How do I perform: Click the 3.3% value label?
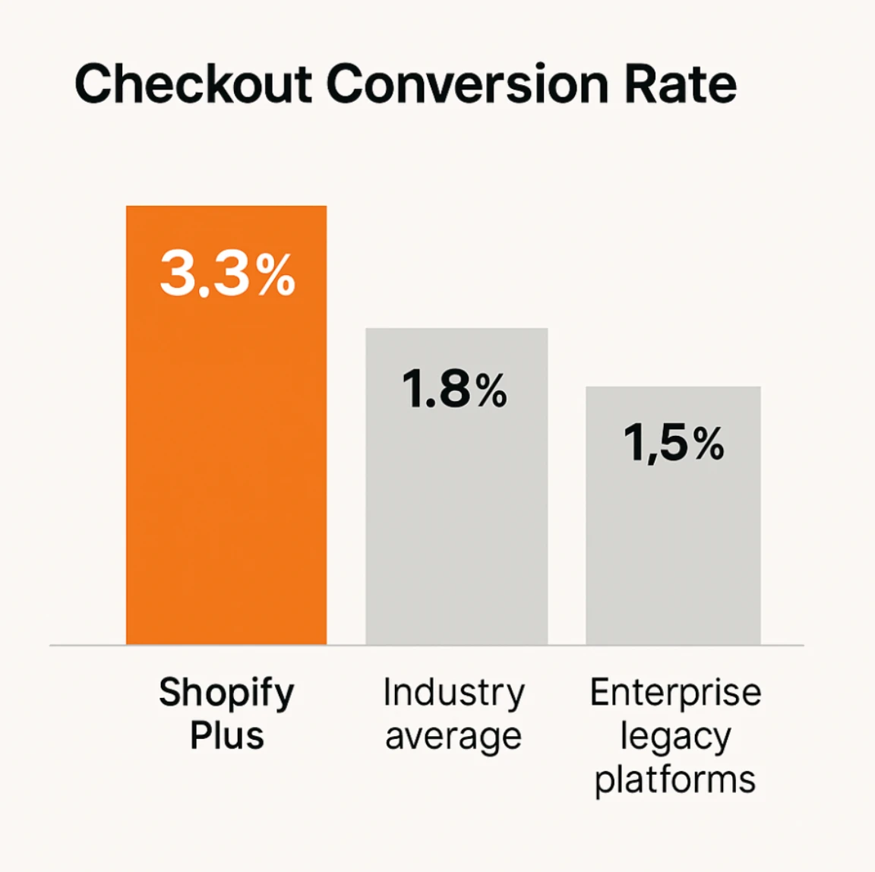click(227, 274)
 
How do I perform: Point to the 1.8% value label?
click(454, 390)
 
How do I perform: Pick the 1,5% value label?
click(674, 443)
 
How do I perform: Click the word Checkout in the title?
click(194, 84)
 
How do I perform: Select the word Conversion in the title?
click(468, 84)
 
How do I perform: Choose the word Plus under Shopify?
click(226, 736)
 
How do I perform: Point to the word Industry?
click(453, 693)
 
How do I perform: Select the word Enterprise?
click(675, 693)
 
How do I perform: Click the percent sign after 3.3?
click(276, 276)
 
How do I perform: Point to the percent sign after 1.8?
click(491, 392)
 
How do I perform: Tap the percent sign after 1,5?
click(708, 444)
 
